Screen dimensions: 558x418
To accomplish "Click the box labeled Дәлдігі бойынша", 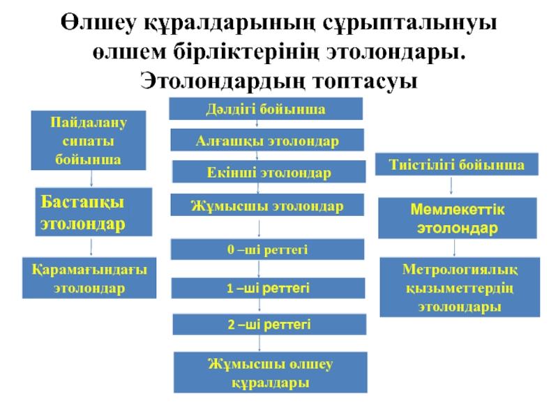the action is click(x=267, y=109).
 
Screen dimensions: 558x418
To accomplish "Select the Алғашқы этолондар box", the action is click(x=268, y=140).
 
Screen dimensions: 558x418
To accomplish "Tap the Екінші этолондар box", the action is click(x=269, y=171).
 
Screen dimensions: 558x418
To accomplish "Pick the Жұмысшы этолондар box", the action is click(x=268, y=206).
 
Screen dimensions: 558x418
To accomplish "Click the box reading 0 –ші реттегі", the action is click(x=268, y=249).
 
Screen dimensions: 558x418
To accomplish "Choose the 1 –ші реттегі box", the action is click(x=268, y=288).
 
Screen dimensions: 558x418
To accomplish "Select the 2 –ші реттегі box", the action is click(x=268, y=325).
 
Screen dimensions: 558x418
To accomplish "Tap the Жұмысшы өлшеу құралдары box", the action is click(x=268, y=373).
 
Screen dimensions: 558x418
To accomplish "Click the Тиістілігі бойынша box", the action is click(x=458, y=165).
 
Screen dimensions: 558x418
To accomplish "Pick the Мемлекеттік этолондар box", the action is click(x=458, y=219).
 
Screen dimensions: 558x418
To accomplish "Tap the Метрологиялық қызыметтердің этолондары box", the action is click(x=458, y=288).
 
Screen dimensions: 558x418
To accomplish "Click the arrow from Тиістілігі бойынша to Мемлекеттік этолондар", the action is click(x=454, y=185).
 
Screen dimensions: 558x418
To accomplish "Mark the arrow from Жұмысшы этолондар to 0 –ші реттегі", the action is click(x=260, y=228).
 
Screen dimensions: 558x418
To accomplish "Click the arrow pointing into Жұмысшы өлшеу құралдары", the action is click(x=260, y=343).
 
